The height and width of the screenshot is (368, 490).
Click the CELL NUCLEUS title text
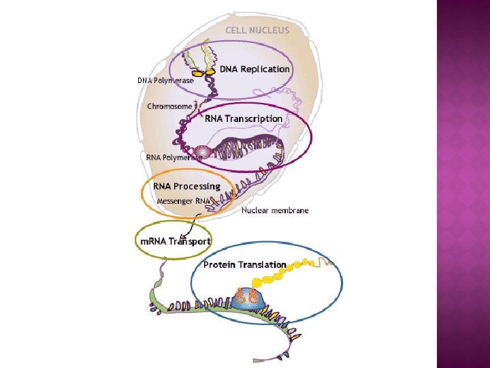tap(257, 30)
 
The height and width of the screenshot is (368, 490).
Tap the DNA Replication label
tap(255, 69)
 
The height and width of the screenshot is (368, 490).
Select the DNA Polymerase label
tap(165, 80)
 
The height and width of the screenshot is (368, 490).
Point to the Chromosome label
tap(169, 106)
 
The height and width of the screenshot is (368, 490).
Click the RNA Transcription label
tap(244, 119)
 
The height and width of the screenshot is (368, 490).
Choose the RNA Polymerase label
tap(173, 157)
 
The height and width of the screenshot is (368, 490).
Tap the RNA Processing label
tap(186, 186)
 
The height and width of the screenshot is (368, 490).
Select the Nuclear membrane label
tap(275, 211)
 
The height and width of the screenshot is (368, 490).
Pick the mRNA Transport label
tap(175, 241)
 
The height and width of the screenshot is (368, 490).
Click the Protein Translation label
tap(245, 264)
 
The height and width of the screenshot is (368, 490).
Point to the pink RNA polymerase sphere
tap(201, 152)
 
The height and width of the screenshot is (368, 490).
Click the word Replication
tap(265, 69)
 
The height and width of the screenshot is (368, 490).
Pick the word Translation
tap(262, 264)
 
